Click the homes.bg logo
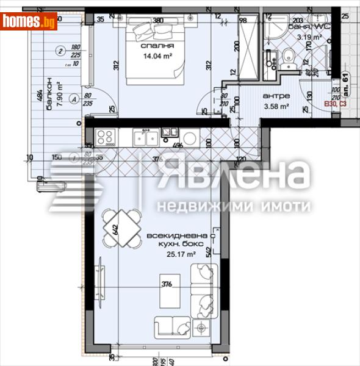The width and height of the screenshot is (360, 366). click(29, 21)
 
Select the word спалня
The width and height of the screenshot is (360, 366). click(157, 46)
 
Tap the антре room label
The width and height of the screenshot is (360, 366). click(276, 96)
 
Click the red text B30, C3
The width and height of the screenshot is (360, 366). click(336, 105)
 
